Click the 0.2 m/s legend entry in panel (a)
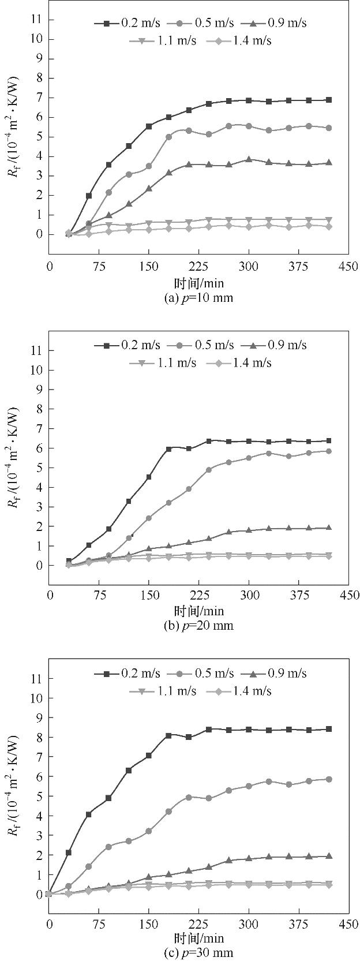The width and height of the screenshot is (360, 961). click(121, 23)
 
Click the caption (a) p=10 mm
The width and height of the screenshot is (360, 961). click(198, 298)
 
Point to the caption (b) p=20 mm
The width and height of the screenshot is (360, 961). click(198, 626)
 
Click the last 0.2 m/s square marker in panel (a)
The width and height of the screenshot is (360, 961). click(329, 100)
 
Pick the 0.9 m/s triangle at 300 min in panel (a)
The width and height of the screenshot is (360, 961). click(249, 159)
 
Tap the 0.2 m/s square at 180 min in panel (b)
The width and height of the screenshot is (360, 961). click(169, 448)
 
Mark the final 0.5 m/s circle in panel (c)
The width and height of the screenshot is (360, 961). click(329, 779)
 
